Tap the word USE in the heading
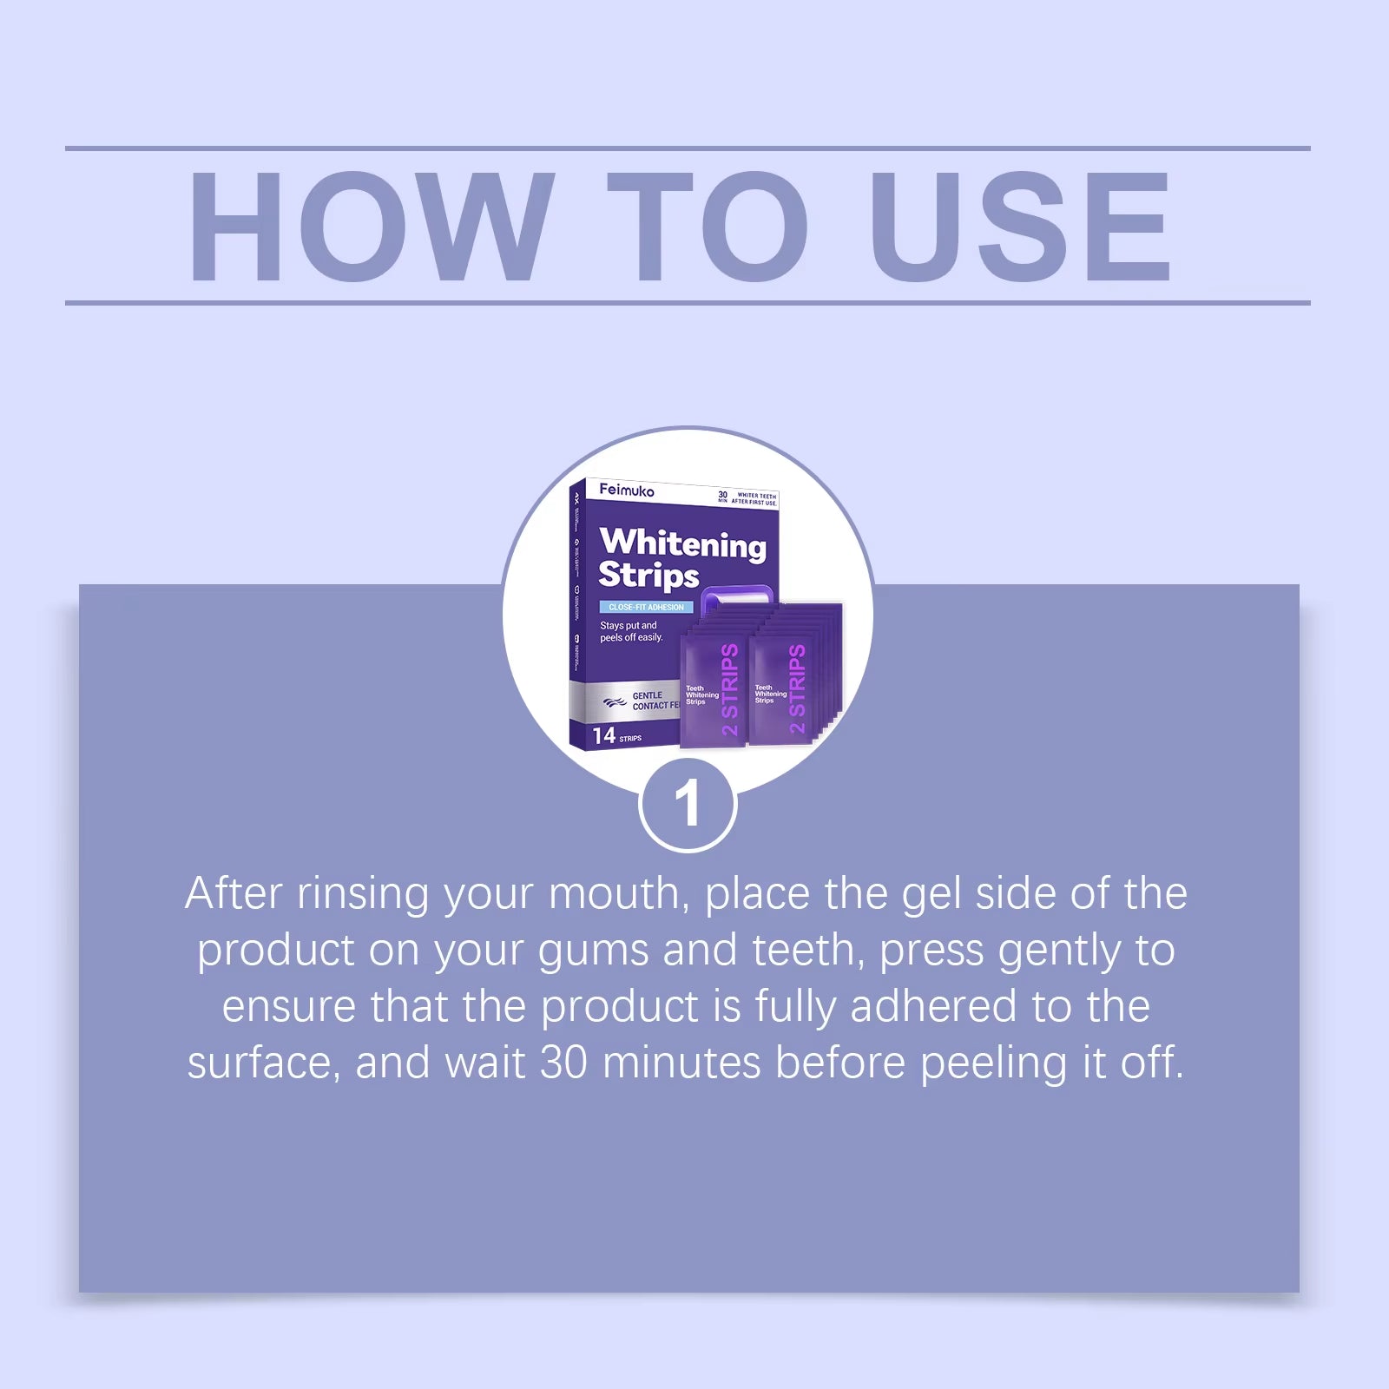(x=1020, y=227)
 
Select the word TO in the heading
(x=708, y=227)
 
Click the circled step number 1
(x=688, y=804)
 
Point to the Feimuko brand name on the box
(x=627, y=490)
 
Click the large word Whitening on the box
(x=683, y=543)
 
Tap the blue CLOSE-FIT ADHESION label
(x=646, y=607)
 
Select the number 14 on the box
(x=604, y=736)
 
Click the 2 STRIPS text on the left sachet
(x=730, y=689)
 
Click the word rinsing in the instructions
(x=363, y=894)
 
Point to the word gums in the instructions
(x=593, y=951)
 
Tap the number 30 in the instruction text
(x=563, y=1063)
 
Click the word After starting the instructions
(x=234, y=894)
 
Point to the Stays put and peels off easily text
(x=631, y=631)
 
